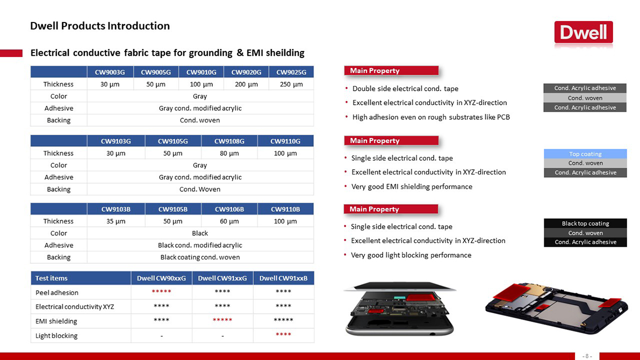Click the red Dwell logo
click(x=583, y=32)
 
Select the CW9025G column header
click(x=291, y=72)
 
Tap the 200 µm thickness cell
click(x=246, y=84)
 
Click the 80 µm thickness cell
click(x=229, y=153)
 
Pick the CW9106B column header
click(x=229, y=209)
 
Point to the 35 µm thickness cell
click(x=116, y=221)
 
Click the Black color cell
click(x=200, y=233)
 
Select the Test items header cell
click(x=81, y=278)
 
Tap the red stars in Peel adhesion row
click(x=161, y=291)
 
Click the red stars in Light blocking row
click(x=283, y=334)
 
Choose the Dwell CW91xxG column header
click(x=222, y=278)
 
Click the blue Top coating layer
click(x=585, y=154)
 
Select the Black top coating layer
click(x=585, y=224)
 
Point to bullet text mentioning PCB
click(x=431, y=117)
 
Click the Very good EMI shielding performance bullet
click(x=412, y=186)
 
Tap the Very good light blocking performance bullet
click(x=411, y=255)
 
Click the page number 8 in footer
click(x=587, y=356)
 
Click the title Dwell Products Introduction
click(x=100, y=26)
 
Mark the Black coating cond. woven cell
click(x=200, y=257)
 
